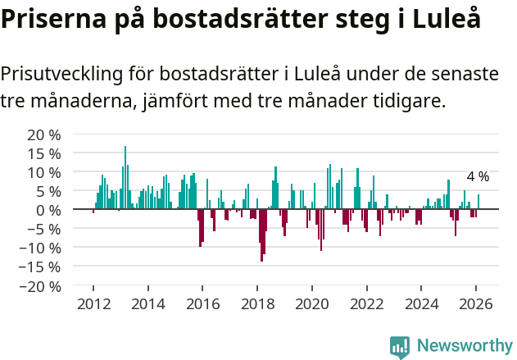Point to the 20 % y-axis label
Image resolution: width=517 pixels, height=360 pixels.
pos(44,134)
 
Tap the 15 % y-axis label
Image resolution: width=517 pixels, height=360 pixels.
pos(44,153)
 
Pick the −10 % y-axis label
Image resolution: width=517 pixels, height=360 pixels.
pos(41,248)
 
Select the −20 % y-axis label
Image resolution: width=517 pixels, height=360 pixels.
pos(41,286)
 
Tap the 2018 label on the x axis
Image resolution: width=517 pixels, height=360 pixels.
pos(257,303)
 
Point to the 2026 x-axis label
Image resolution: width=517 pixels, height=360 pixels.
pos(476,303)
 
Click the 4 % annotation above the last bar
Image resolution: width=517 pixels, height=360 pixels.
pos(478,177)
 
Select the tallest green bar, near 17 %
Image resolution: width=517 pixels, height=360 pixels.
pos(125,178)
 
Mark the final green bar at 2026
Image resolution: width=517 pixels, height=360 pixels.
pos(478,202)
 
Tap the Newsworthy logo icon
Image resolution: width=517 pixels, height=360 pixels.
pos(400,346)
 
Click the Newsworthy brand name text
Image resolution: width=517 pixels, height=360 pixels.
pos(464,346)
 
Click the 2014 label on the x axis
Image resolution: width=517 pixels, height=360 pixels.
pos(148,303)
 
